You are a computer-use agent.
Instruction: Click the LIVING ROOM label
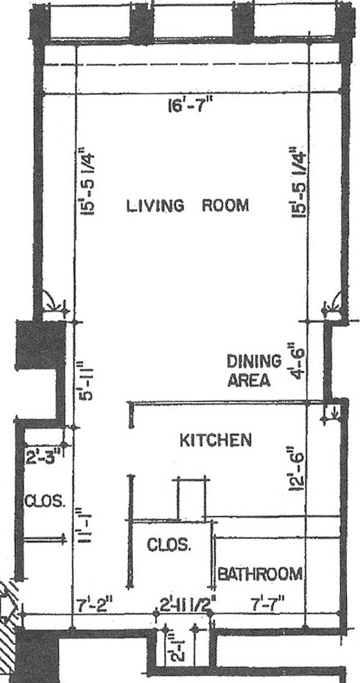pos(188,205)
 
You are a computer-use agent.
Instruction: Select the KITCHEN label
pos(216,441)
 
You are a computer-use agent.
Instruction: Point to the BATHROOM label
pos(260,574)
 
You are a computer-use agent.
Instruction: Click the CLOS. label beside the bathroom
pos(168,545)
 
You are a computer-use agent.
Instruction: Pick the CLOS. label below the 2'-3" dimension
pos(45,502)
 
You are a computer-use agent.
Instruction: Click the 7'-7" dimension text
pos(268,605)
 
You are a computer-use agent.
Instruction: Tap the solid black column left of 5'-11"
pos(40,345)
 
